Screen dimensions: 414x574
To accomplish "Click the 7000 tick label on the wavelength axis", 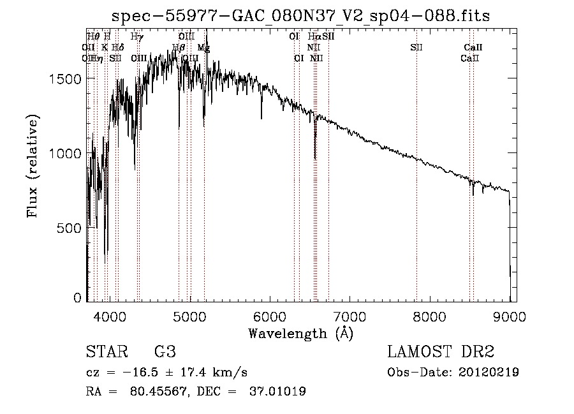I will tap(350, 316).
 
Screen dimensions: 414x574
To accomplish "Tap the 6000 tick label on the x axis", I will tap(270, 316).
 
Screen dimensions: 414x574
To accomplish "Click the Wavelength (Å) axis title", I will tap(300, 332).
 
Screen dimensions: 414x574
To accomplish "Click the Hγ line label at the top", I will tap(136, 37).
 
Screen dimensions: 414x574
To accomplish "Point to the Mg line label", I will tap(203, 48).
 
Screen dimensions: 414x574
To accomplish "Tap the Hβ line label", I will tap(179, 48).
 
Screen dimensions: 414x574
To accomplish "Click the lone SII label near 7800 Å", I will tap(416, 48).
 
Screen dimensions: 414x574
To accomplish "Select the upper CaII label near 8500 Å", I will tap(473, 48).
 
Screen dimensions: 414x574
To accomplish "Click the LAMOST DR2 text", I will tap(440, 352).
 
